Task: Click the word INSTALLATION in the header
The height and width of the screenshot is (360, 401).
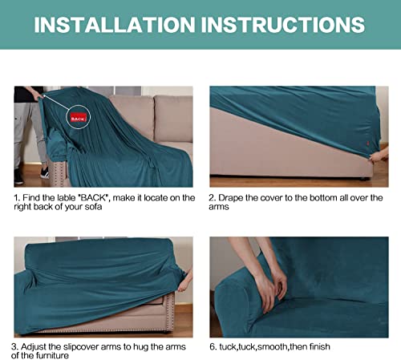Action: [x=115, y=25]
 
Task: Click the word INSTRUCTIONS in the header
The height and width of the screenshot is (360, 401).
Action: [x=283, y=25]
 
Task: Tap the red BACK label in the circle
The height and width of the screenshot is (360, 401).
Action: [x=79, y=118]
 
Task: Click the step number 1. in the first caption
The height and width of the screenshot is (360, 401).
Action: [x=17, y=198]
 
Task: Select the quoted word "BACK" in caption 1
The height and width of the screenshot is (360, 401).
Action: [x=94, y=198]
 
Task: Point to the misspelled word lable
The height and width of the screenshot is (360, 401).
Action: [x=66, y=198]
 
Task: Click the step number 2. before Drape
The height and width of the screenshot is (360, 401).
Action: [x=213, y=198]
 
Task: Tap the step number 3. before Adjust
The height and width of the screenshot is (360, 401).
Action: [x=15, y=347]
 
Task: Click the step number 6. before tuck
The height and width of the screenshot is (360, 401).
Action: [x=213, y=347]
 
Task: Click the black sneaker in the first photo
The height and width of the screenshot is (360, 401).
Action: [x=45, y=173]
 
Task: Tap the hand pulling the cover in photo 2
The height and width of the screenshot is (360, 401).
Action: [x=379, y=156]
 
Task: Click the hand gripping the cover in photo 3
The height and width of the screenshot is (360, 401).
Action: [x=185, y=282]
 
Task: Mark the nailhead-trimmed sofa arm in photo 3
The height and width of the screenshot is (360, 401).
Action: [x=170, y=311]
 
